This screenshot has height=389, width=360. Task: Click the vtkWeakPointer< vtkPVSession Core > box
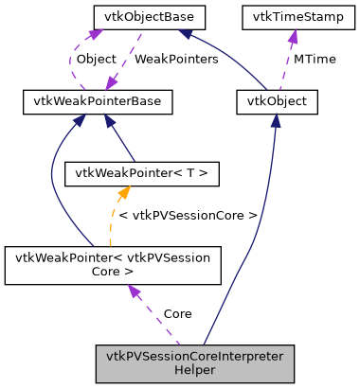pyautogui.click(x=113, y=266)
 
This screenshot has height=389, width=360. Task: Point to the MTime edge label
pyautogui.click(x=315, y=59)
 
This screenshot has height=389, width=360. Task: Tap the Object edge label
pyautogui.click(x=96, y=59)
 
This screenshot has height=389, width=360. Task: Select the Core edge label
pyautogui.click(x=177, y=313)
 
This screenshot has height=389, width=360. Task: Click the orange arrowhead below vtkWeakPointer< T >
pyautogui.click(x=122, y=194)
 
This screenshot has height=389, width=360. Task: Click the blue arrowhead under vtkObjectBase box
pyautogui.click(x=187, y=34)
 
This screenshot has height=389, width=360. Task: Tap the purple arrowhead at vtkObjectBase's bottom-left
pyautogui.click(x=95, y=34)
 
